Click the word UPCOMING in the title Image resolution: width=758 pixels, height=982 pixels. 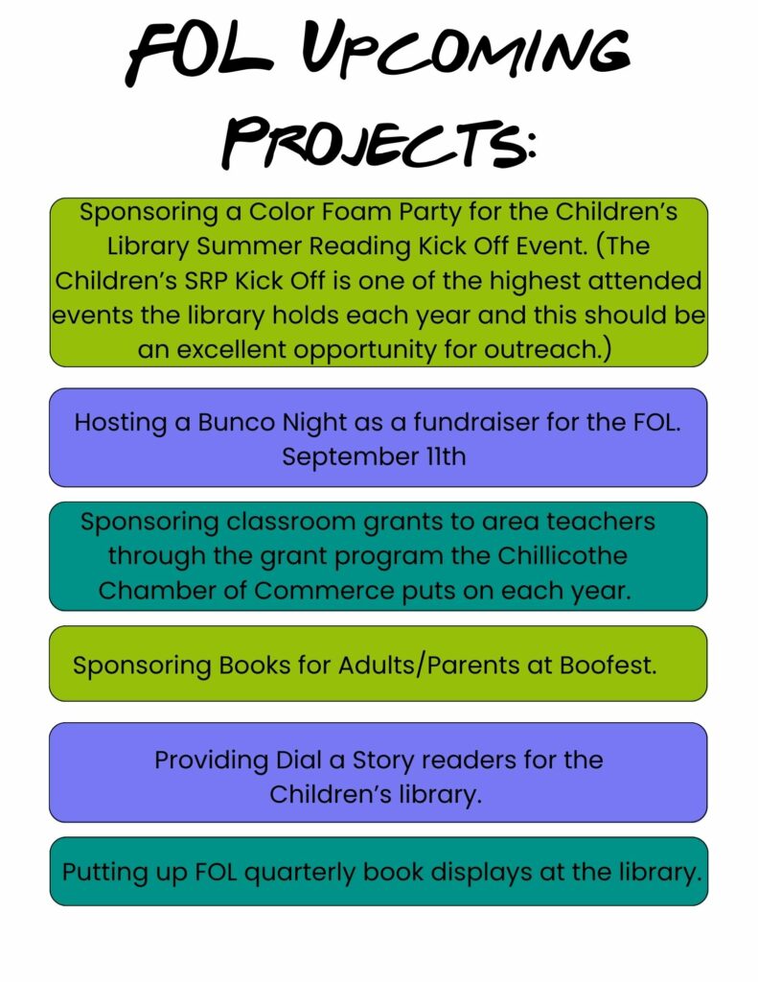tap(466, 53)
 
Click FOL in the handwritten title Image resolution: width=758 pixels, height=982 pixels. tap(199, 53)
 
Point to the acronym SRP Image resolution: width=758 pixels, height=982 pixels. tap(206, 281)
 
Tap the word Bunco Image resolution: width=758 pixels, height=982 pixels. tap(237, 423)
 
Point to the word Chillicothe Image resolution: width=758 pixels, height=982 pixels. tap(563, 555)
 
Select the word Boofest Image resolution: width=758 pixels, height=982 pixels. tap(608, 666)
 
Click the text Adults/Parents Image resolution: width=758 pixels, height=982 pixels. tap(428, 666)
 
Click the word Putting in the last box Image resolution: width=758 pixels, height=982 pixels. tap(104, 874)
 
